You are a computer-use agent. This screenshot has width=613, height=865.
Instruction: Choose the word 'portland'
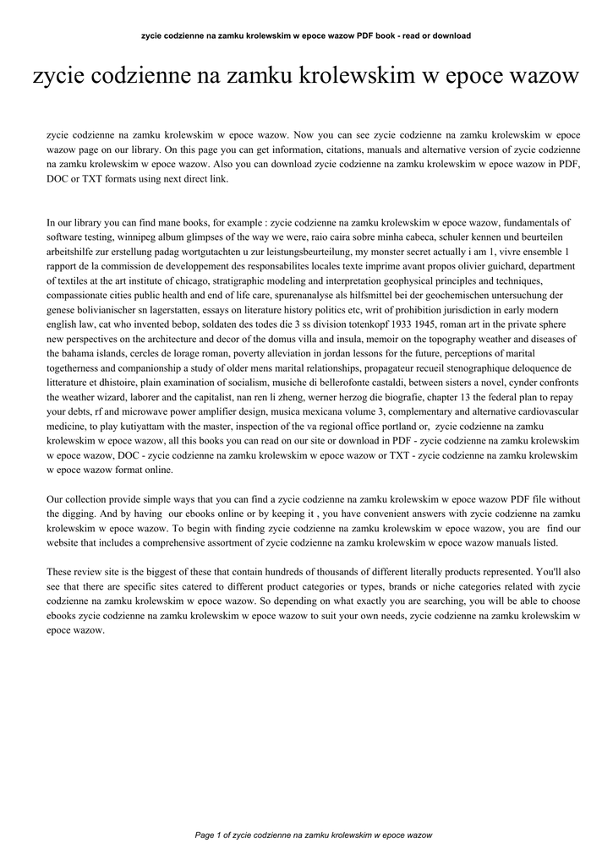(383, 426)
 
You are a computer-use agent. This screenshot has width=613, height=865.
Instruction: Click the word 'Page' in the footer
(205, 835)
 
